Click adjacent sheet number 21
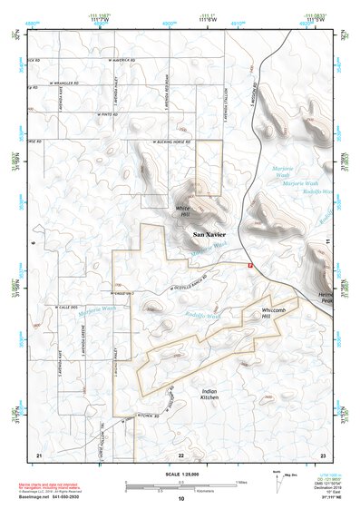pyautogui.click(x=38, y=455)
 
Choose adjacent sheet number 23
pyautogui.click(x=324, y=455)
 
